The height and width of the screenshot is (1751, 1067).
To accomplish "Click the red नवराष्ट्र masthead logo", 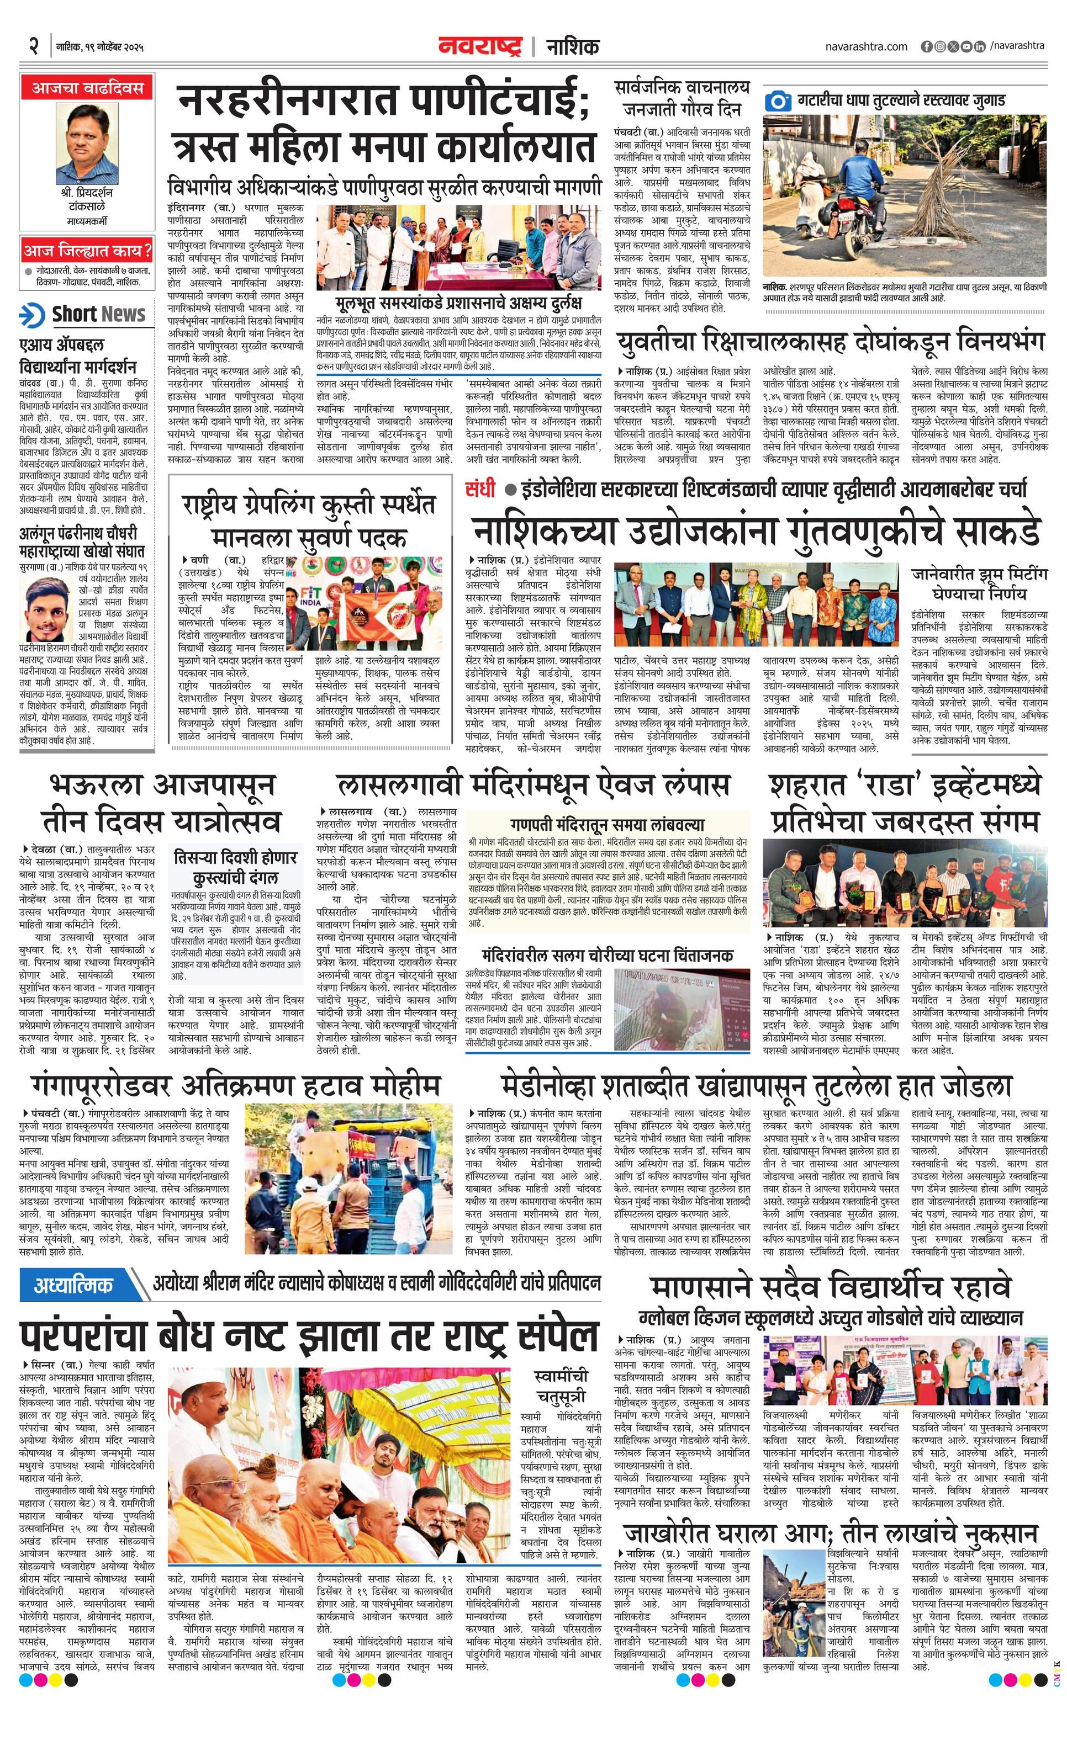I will pyautogui.click(x=480, y=46).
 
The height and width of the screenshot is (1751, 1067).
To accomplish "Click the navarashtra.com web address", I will pyautogui.click(x=867, y=47).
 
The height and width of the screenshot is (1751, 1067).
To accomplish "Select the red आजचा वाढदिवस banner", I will pyautogui.click(x=87, y=88).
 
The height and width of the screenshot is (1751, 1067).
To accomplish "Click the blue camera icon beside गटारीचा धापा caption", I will pyautogui.click(x=778, y=100).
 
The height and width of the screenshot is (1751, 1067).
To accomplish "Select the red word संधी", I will pyautogui.click(x=480, y=489).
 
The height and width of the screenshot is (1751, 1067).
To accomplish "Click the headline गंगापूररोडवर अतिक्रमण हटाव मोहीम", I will pyautogui.click(x=235, y=1085).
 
